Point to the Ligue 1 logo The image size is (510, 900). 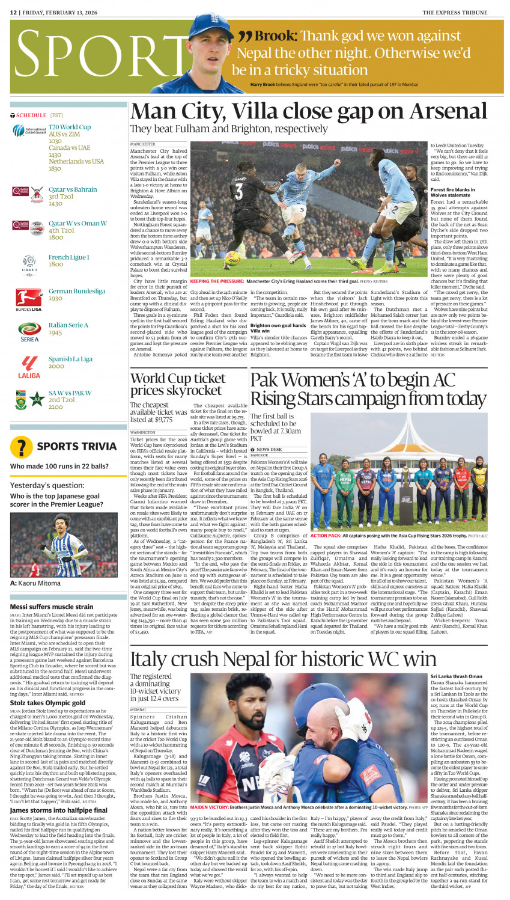(29, 263)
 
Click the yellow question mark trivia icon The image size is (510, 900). (22, 447)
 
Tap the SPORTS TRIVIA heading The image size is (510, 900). (77, 446)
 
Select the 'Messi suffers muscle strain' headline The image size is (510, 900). (52, 607)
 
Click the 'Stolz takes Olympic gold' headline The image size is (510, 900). (47, 702)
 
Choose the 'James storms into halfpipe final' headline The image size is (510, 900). (59, 810)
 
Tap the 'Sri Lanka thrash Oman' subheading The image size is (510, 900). (457, 676)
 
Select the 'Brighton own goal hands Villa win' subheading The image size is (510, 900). (278, 328)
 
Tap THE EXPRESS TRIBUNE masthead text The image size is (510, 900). (463, 12)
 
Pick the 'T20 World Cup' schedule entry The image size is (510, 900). (70, 127)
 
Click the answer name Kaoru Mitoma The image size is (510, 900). (39, 583)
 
